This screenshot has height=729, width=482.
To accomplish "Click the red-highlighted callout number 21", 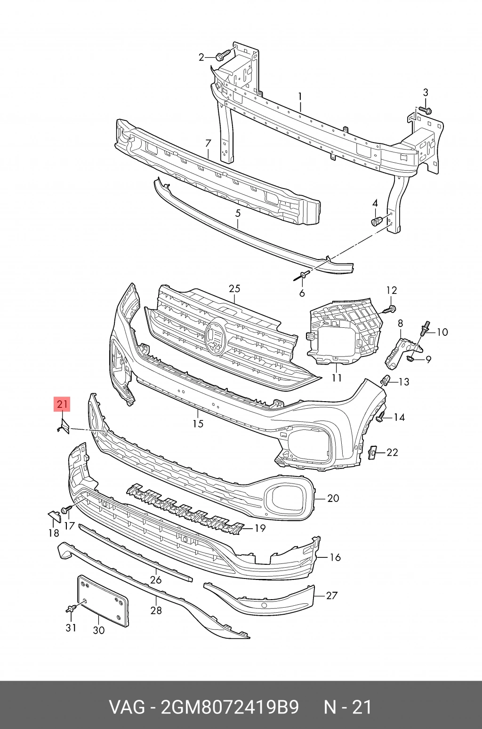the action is tap(62, 404).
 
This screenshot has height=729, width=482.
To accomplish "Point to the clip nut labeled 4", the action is tap(377, 221).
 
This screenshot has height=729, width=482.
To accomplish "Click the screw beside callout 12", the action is tap(389, 309).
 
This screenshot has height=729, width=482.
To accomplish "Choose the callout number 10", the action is tap(442, 332).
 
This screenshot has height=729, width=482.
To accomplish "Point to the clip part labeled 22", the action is tap(372, 452).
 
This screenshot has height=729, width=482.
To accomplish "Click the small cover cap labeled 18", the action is tap(55, 516).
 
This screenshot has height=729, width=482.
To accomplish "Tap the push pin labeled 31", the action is tap(72, 608).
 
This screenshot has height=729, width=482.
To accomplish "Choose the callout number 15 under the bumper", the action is tap(198, 423).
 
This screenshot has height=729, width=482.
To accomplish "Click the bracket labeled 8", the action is tap(403, 353).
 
